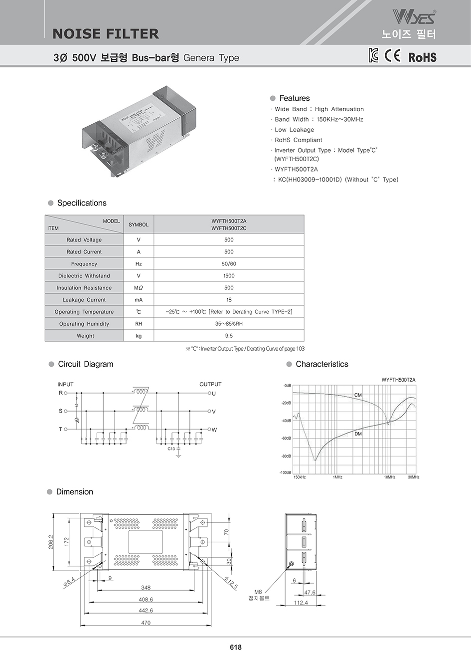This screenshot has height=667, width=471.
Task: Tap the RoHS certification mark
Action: point(422,57)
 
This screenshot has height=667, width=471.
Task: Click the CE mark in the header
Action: point(392,55)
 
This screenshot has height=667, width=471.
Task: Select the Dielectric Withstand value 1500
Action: point(229,276)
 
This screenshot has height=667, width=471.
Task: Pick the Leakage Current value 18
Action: point(229,300)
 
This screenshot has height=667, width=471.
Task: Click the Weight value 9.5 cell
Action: point(229,336)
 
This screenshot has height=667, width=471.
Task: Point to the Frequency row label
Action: point(84,264)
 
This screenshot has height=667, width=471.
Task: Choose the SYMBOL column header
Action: point(139,224)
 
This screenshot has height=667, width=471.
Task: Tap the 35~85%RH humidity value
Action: point(229,324)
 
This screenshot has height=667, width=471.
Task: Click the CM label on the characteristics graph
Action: point(358,395)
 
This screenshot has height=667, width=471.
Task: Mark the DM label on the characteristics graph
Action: point(358,434)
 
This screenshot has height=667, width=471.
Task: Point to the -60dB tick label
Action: point(286,439)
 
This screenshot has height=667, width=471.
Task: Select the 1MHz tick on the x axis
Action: point(337,477)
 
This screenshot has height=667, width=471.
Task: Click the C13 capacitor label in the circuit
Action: point(171,449)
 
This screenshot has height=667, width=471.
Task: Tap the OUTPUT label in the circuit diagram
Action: point(210,384)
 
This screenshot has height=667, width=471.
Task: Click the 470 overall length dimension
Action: point(146,623)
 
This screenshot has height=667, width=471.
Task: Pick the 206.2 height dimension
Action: point(51,542)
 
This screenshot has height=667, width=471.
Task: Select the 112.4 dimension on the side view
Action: point(301,603)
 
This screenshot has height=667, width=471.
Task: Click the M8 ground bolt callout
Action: point(258,595)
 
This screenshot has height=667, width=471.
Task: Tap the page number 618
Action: point(236,647)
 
